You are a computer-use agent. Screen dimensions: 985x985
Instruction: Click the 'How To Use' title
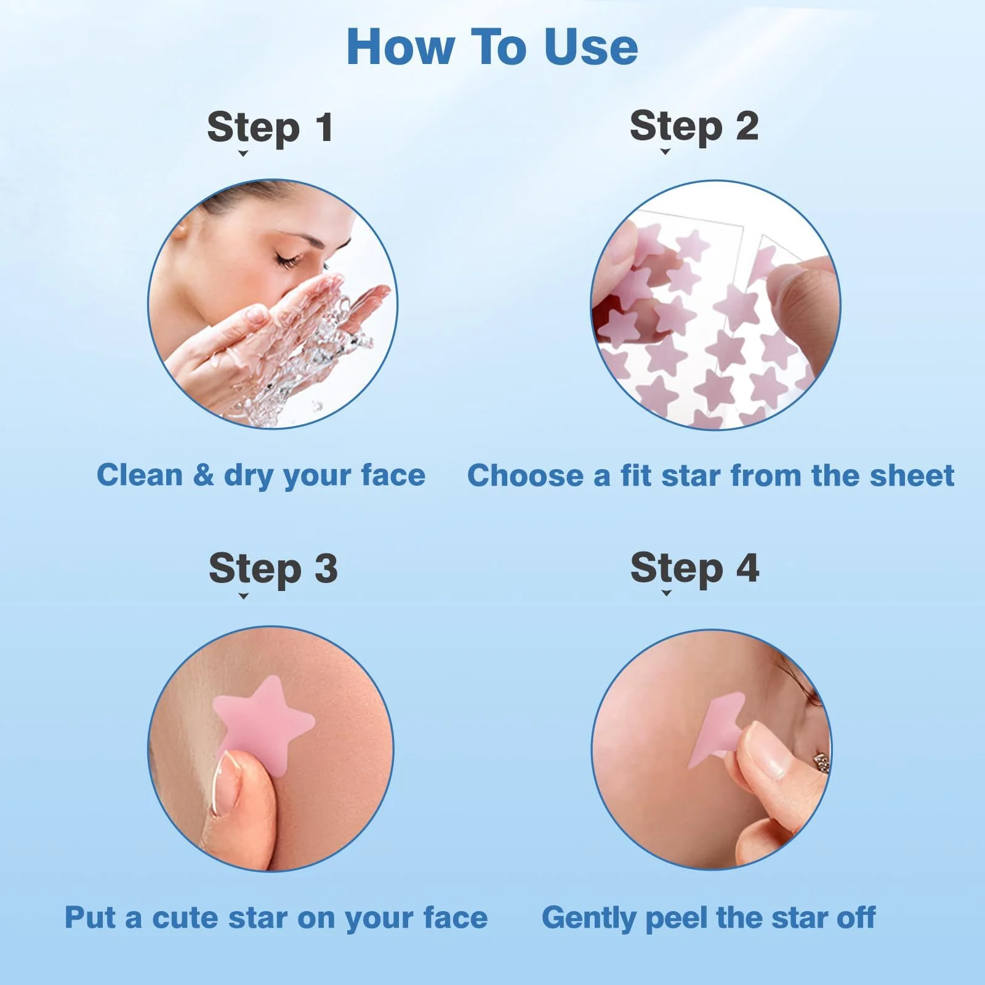(492, 47)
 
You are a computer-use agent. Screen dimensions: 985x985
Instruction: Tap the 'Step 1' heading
(270, 128)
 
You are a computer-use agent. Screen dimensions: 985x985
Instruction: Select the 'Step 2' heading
(694, 127)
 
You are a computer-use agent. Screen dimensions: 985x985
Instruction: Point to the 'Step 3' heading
(273, 568)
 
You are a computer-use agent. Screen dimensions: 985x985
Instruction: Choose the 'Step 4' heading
(694, 568)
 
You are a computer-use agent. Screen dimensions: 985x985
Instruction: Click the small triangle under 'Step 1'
(243, 153)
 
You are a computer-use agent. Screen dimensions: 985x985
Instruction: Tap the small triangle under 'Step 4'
(666, 593)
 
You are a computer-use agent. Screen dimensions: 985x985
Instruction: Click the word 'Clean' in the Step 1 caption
(140, 475)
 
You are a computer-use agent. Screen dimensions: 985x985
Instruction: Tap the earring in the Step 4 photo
(822, 763)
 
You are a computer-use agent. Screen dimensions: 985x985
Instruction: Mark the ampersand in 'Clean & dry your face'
(203, 475)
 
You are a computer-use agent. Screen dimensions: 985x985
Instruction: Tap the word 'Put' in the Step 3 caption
(90, 917)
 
